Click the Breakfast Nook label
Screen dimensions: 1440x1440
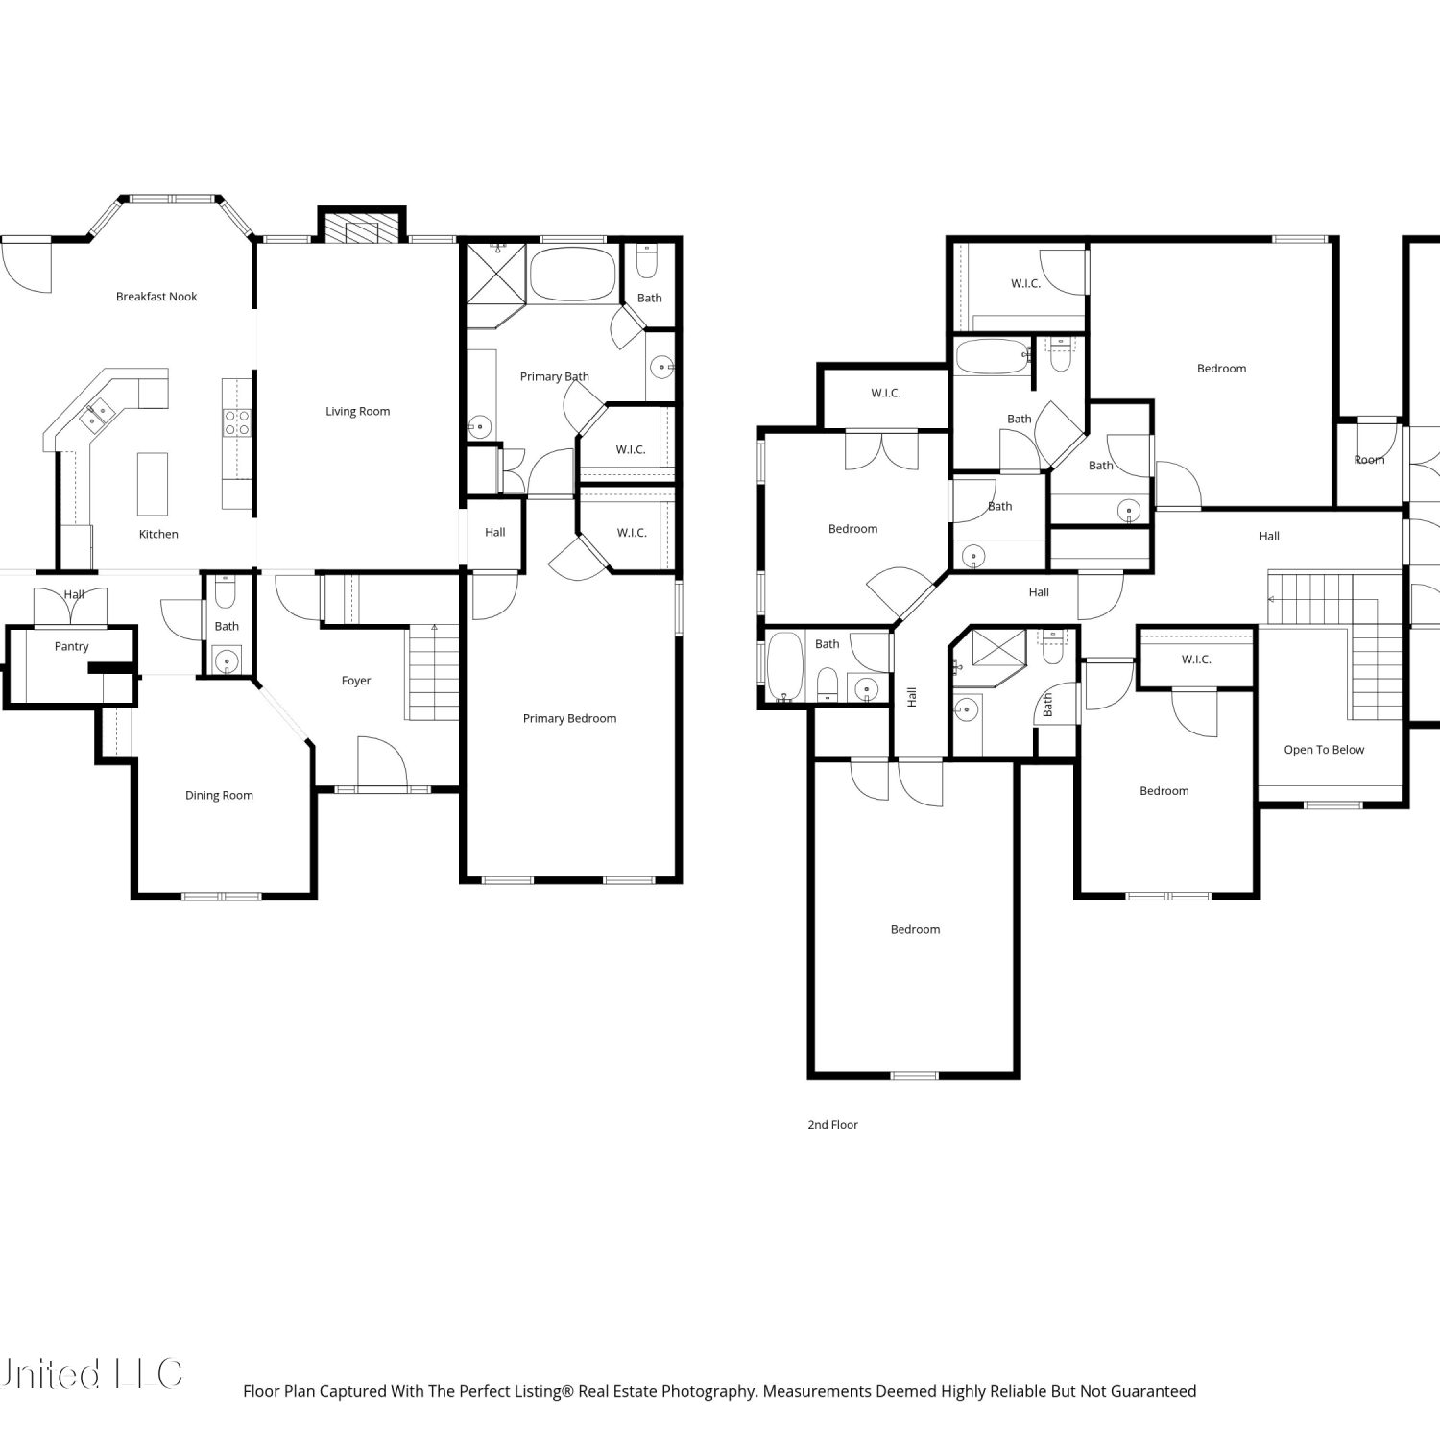[x=156, y=297]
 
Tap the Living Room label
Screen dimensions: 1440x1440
[x=357, y=411]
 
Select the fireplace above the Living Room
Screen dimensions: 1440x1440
[x=362, y=226]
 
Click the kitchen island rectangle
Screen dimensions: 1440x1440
[x=153, y=483]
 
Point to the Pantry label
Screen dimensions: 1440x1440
[x=71, y=646]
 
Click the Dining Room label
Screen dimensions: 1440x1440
[x=219, y=795]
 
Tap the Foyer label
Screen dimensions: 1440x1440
[x=356, y=681]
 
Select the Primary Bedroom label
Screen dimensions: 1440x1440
[x=569, y=718]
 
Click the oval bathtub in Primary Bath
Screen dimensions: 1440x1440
[x=573, y=275]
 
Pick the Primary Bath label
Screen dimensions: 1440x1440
[x=555, y=376]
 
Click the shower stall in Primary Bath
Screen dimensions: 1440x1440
[x=496, y=274]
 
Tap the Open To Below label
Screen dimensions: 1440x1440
[x=1324, y=750]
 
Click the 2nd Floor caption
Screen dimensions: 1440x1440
[x=832, y=1124]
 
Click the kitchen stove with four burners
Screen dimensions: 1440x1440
[x=236, y=423]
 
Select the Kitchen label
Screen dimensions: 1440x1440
[x=158, y=534]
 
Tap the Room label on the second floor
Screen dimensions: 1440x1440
[x=1369, y=460]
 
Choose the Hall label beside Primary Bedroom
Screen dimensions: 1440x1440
[x=494, y=532]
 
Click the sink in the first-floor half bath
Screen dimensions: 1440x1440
[x=227, y=660]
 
